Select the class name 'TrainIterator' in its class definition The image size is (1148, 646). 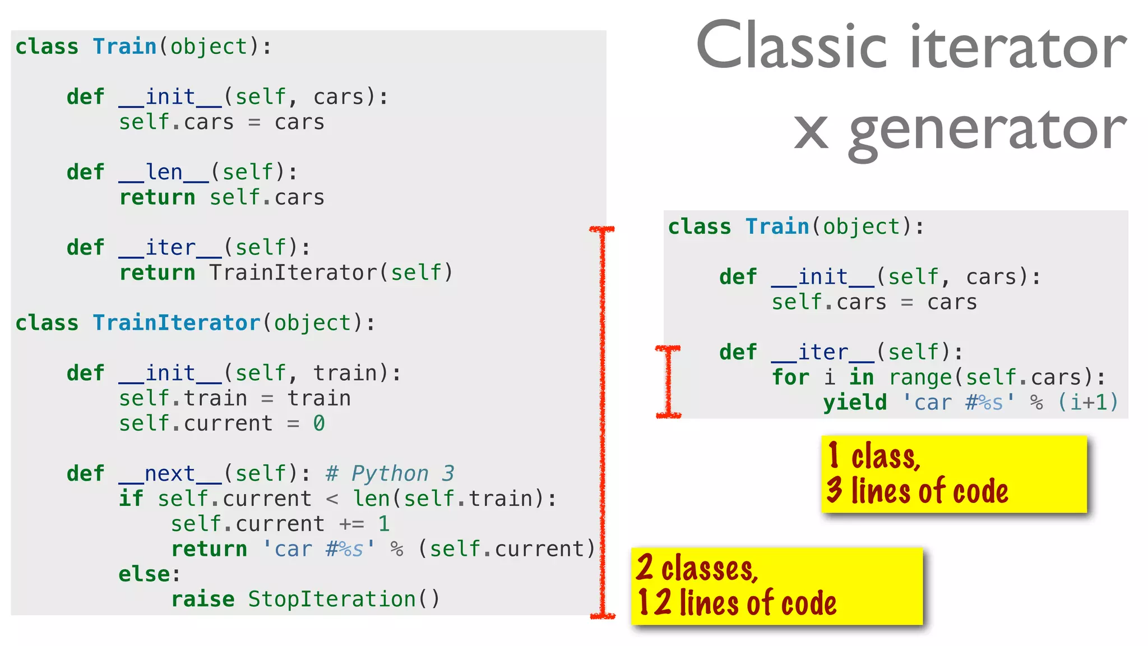[x=176, y=323]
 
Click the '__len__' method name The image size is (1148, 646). [x=164, y=173]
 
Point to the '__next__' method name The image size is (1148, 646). [x=170, y=474]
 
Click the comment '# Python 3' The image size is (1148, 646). [x=390, y=474]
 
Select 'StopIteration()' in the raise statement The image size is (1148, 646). [x=344, y=599]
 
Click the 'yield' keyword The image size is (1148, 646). [x=855, y=403]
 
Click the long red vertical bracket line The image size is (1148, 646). [x=603, y=421]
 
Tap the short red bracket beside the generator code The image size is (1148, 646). [x=668, y=381]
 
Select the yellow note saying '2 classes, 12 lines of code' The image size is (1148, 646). [x=776, y=586]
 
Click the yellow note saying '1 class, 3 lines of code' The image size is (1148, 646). [x=953, y=474]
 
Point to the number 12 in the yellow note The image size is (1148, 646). [x=654, y=603]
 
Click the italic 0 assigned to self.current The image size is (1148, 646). [x=319, y=423]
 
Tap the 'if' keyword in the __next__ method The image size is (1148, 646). [x=131, y=499]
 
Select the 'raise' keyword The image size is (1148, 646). [x=203, y=599]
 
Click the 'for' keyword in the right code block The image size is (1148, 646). [x=790, y=377]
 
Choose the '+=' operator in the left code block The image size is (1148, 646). [x=352, y=524]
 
